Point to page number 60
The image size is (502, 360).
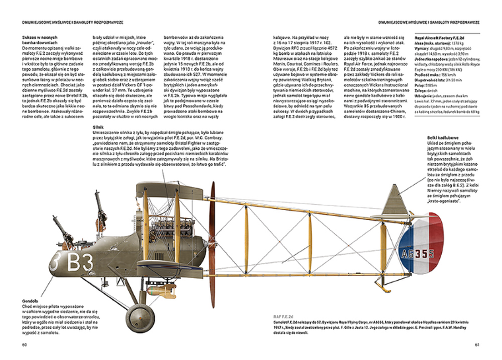coord(24,344)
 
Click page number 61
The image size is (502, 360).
coord(477,344)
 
